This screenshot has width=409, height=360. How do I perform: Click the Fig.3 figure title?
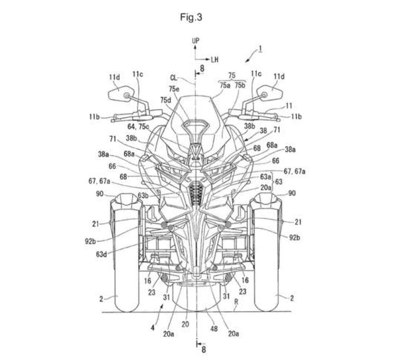(x=192, y=18)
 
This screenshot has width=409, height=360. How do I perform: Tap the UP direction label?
(x=196, y=41)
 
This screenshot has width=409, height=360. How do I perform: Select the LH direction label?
(x=215, y=59)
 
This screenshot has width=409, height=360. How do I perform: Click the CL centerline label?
(x=174, y=78)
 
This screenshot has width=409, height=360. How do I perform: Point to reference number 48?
(x=214, y=328)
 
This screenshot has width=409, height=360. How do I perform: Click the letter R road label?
(x=236, y=302)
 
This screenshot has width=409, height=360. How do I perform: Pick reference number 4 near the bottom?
(x=153, y=327)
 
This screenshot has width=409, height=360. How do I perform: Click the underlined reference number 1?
(x=260, y=49)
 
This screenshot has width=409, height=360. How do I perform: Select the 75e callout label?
(x=174, y=89)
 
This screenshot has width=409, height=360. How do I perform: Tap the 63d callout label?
(x=101, y=254)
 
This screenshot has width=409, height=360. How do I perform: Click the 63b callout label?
(x=143, y=195)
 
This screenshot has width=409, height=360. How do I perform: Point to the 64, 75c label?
(x=138, y=126)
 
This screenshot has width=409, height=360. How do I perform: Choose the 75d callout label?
(x=166, y=100)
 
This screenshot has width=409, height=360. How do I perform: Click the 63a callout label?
(x=266, y=177)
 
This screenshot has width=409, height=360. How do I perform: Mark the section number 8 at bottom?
(x=203, y=350)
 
